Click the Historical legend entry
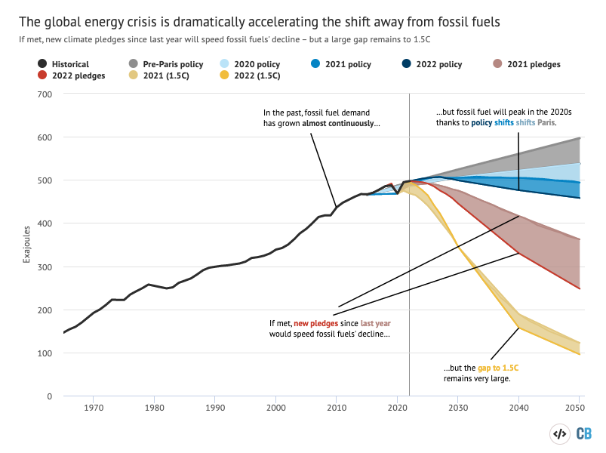tap(61, 65)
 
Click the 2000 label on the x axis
tap(275, 408)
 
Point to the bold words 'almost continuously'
tap(342, 122)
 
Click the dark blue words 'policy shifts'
tap(494, 122)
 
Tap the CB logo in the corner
tap(583, 433)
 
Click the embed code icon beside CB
tap(559, 433)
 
